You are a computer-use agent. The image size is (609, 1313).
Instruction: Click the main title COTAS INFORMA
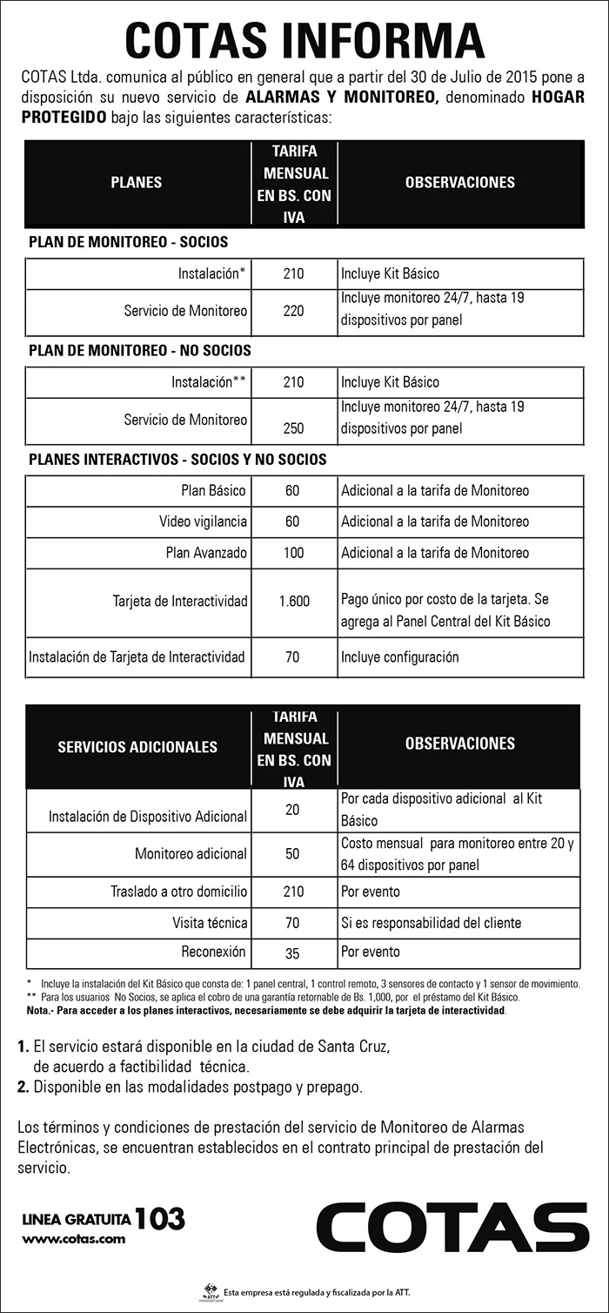click(304, 39)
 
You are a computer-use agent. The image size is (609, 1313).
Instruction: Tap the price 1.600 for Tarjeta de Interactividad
click(294, 601)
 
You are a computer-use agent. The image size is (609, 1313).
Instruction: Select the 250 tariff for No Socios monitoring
click(293, 428)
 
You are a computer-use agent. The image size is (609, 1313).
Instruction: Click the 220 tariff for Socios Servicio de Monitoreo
click(293, 311)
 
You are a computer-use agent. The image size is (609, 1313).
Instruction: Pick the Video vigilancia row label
click(203, 522)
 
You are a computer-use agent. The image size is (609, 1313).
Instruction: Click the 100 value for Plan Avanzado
click(293, 553)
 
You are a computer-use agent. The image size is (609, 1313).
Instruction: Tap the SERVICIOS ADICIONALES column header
click(137, 747)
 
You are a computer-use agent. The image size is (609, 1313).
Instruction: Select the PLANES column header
click(137, 183)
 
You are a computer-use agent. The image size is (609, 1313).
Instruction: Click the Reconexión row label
click(214, 952)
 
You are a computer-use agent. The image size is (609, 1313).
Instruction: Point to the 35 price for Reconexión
click(293, 953)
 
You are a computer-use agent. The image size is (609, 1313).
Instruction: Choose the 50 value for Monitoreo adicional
click(293, 854)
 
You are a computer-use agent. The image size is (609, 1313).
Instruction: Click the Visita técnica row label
click(210, 922)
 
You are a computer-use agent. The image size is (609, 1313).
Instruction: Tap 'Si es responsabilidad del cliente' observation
click(431, 922)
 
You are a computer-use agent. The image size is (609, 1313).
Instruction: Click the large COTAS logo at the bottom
click(452, 1227)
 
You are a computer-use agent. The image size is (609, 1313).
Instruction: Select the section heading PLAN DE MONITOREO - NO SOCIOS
click(140, 351)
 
